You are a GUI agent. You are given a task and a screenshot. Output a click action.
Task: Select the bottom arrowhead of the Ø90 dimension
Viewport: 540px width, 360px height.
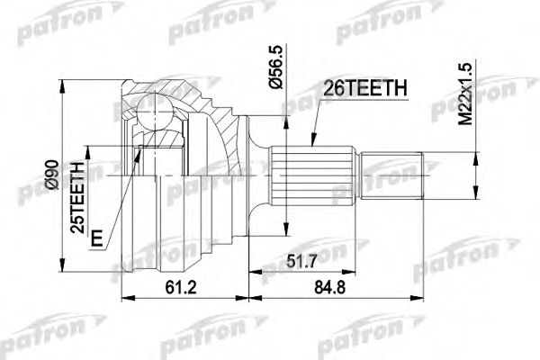[66, 268]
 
